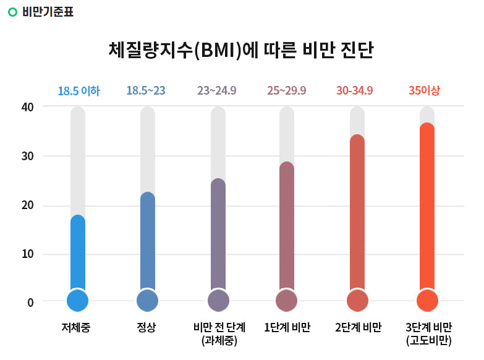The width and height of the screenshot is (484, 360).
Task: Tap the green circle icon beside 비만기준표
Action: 12,12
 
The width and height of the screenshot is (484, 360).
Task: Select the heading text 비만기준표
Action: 48,12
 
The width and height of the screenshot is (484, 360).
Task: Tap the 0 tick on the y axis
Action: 30,302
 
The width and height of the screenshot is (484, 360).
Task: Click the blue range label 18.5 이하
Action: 79,91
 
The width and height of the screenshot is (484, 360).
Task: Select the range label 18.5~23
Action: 146,91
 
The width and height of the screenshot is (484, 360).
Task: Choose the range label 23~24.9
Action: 216,91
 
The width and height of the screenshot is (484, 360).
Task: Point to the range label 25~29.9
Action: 286,91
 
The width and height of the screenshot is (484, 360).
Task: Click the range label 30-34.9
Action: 355,91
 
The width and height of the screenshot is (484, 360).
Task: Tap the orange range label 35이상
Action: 425,91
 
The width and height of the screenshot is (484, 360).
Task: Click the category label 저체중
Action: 76,327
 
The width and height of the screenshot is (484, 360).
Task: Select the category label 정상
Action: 146,327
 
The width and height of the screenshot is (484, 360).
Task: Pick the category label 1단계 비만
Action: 287,327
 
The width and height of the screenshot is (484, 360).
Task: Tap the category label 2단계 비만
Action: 359,327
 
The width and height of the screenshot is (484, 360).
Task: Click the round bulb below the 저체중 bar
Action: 78,301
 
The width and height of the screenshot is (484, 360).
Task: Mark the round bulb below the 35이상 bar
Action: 427,301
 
